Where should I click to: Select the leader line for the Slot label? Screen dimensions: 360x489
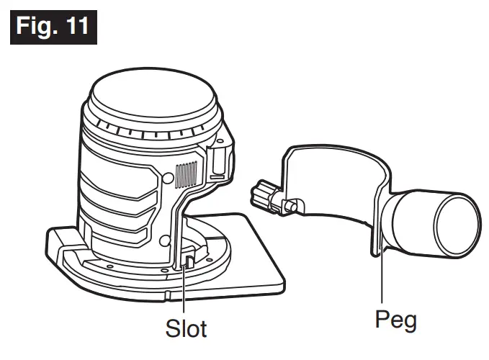click(184, 288)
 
